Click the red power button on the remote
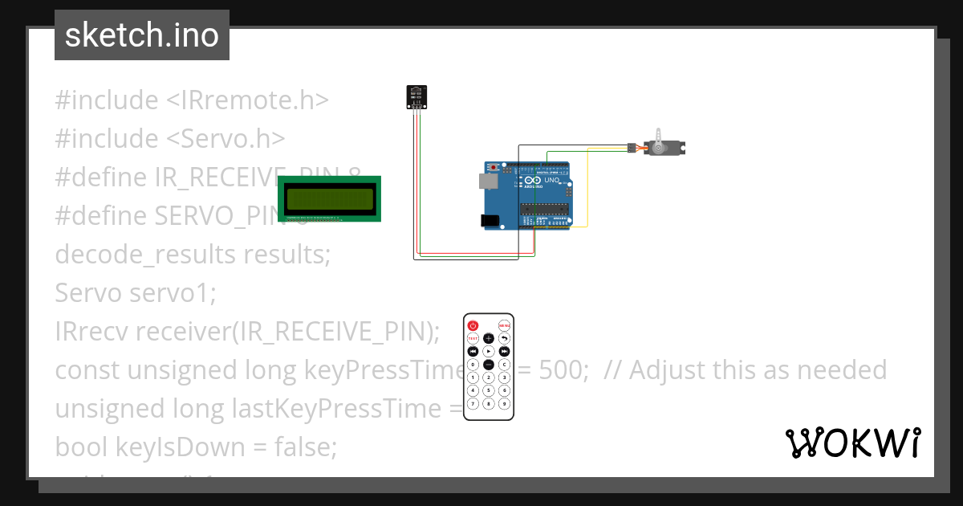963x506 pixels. click(x=473, y=325)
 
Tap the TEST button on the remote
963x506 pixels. click(x=473, y=338)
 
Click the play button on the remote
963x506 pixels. click(x=488, y=352)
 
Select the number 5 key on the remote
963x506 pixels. click(x=488, y=390)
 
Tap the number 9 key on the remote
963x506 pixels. click(x=504, y=403)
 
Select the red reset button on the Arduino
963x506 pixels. click(x=492, y=167)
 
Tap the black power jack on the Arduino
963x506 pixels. click(x=489, y=220)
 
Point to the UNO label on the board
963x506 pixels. click(x=552, y=180)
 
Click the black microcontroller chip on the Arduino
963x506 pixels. click(x=544, y=210)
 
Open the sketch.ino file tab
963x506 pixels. click(x=142, y=35)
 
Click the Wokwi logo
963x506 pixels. click(x=852, y=443)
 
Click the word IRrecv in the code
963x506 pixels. click(x=91, y=331)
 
